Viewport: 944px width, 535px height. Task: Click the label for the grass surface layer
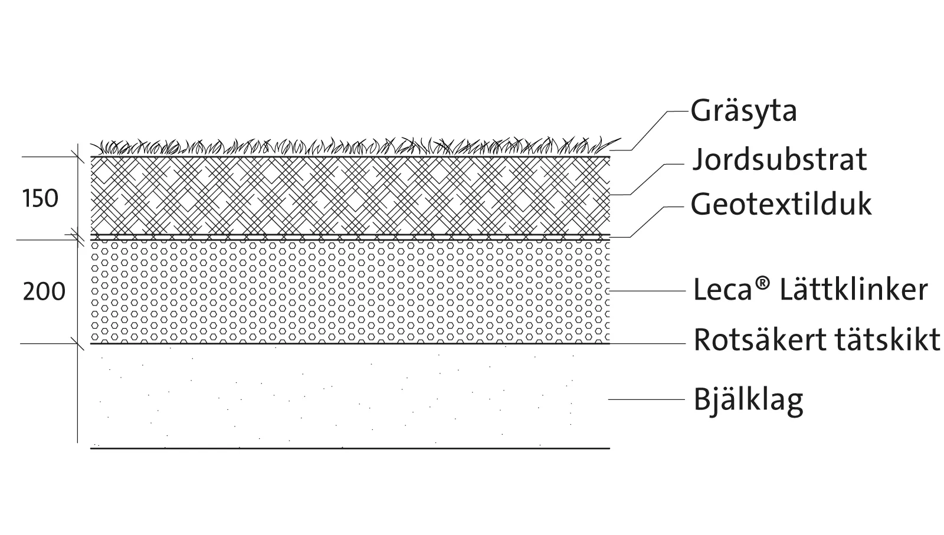click(x=743, y=111)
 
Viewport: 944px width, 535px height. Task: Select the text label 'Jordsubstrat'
click(x=779, y=160)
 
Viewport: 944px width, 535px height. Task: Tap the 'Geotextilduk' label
click(x=781, y=204)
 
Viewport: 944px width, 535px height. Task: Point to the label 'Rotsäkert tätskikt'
click(x=817, y=340)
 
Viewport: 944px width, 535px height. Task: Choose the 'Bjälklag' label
click(x=749, y=400)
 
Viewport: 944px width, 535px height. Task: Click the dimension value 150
click(x=40, y=199)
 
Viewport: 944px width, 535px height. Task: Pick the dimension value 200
click(x=44, y=291)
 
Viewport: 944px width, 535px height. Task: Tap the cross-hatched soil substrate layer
click(x=350, y=195)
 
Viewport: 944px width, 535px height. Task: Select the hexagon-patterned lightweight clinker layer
click(x=350, y=292)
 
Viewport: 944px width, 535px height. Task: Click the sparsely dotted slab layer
click(x=350, y=396)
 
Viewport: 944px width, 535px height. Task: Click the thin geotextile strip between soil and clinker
click(x=350, y=238)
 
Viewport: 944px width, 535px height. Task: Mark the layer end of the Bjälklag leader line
click(x=608, y=399)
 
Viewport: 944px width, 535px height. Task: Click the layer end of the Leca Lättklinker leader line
click(x=609, y=291)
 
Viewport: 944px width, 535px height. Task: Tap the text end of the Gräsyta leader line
click(x=688, y=111)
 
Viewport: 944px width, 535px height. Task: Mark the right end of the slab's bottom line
click(x=610, y=448)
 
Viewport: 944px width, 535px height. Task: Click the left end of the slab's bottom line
click(x=91, y=448)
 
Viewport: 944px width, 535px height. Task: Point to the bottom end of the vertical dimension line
click(x=77, y=443)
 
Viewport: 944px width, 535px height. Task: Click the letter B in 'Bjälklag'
click(x=702, y=399)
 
